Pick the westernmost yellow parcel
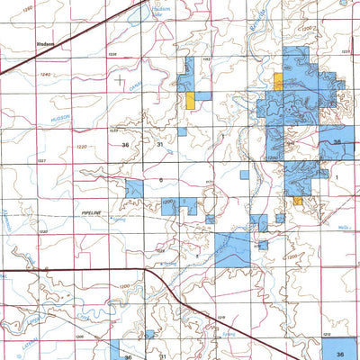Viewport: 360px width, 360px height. click(x=192, y=100)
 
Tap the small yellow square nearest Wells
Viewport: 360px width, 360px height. click(x=297, y=200)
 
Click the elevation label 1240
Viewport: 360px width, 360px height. click(x=46, y=75)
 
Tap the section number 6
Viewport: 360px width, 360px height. click(x=161, y=180)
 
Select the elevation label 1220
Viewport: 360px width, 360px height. click(x=82, y=147)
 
